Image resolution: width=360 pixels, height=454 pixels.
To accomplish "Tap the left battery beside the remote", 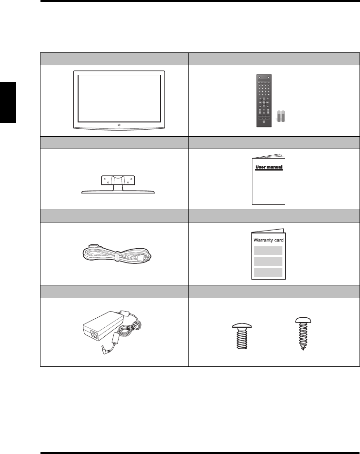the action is coord(280,117).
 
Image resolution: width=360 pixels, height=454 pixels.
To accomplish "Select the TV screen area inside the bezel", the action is coord(119,97).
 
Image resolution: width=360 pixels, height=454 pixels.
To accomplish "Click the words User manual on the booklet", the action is coord(270,167).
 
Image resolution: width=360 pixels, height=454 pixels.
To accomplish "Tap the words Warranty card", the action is coord(268,240).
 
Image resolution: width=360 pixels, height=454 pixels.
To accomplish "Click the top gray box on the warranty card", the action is coord(268,251).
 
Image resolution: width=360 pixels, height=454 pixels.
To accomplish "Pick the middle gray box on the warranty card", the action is coord(268,262).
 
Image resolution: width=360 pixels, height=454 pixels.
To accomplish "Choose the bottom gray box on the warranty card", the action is coord(268,272).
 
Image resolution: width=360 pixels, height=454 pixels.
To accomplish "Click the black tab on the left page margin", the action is coord(8,102).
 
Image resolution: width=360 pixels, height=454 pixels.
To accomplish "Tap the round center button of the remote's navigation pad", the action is coord(264,102).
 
